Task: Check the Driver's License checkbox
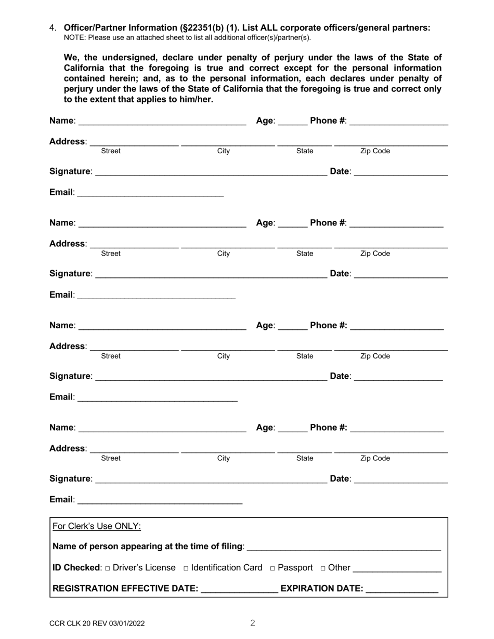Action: (x=108, y=568)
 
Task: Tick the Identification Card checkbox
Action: (x=186, y=568)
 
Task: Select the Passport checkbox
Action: (x=272, y=568)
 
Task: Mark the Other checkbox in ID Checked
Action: (x=323, y=568)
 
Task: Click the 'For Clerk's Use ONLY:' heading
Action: (x=97, y=526)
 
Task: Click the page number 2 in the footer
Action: (x=253, y=623)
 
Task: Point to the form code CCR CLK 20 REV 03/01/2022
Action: (x=97, y=623)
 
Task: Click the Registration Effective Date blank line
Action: (x=239, y=591)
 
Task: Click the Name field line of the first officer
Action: (x=162, y=124)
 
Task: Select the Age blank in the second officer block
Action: (x=293, y=226)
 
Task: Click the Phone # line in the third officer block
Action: (x=397, y=328)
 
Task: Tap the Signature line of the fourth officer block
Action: (x=211, y=482)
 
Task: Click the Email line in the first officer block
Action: (x=150, y=195)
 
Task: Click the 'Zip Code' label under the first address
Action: (x=375, y=151)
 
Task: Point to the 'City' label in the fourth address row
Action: (x=223, y=458)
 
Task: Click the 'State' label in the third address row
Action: (x=305, y=356)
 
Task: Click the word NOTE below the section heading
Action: (x=74, y=37)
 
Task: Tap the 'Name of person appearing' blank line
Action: (x=344, y=549)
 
